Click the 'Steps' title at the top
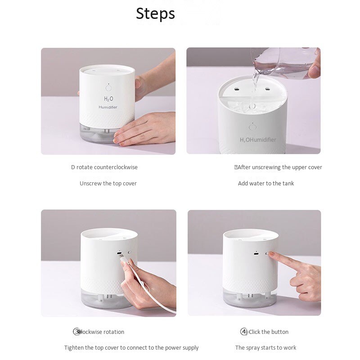click(x=155, y=13)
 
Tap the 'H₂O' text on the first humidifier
click(x=108, y=99)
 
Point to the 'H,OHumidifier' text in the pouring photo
click(x=258, y=140)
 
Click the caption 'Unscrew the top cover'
click(x=108, y=183)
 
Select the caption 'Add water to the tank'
click(x=266, y=183)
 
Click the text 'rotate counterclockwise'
click(x=107, y=167)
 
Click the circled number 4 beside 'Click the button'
click(x=244, y=332)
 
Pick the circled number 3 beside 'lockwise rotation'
click(x=77, y=332)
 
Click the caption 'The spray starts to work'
click(x=265, y=347)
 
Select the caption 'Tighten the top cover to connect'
click(x=131, y=347)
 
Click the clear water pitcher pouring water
click(x=283, y=63)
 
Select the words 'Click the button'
click(x=269, y=332)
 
